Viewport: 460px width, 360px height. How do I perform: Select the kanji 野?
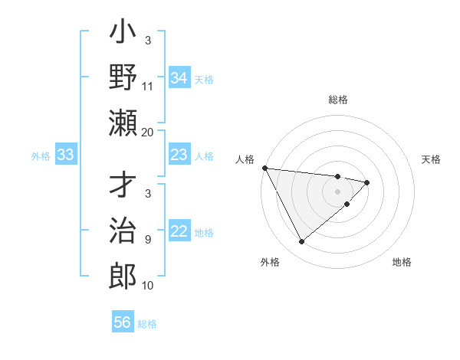tap(123, 78)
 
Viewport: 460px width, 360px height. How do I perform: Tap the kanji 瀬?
tap(123, 122)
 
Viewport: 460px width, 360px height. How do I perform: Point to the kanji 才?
tap(123, 187)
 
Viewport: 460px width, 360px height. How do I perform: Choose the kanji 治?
tap(123, 231)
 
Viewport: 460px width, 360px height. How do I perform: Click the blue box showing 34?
tap(179, 78)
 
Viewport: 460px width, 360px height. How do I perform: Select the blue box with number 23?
tap(179, 155)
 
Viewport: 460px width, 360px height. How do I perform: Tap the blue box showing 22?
tap(179, 232)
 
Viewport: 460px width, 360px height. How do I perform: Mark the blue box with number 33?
tap(65, 155)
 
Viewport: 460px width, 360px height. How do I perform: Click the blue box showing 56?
tap(123, 322)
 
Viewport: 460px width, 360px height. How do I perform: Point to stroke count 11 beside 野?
tap(148, 86)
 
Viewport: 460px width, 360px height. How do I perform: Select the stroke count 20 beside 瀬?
tap(148, 132)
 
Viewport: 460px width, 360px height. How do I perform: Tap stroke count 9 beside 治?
tap(148, 240)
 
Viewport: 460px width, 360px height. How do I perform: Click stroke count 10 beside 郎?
tap(148, 286)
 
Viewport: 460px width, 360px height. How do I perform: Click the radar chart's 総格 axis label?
tap(338, 100)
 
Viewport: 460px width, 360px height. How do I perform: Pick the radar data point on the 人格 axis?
tap(264, 168)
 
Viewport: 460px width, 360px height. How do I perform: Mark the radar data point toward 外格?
tap(301, 242)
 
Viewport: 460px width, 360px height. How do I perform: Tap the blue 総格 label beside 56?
tap(147, 324)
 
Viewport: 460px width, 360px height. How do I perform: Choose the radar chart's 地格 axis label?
tap(402, 262)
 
